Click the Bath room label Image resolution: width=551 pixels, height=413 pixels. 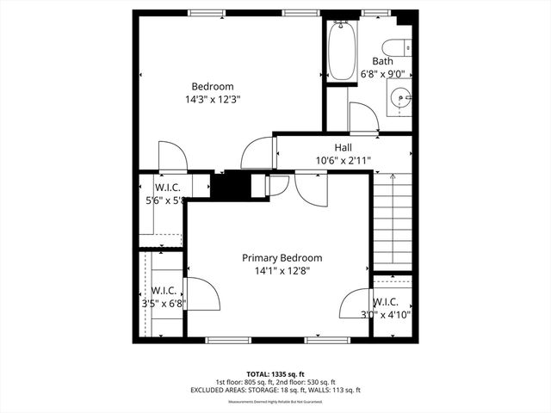coord(382,61)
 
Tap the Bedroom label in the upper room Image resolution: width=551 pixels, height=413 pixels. coord(212,86)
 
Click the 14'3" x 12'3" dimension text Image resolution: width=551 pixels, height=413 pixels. coord(212,99)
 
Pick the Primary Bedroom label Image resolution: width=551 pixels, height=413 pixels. coord(282,257)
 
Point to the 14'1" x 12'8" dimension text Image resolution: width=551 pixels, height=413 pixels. coord(282,270)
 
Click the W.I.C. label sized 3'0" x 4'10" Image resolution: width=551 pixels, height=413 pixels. coord(385,302)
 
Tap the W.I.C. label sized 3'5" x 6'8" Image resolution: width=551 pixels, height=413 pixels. coord(164,290)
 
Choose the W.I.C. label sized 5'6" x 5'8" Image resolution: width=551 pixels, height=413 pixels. coord(167,188)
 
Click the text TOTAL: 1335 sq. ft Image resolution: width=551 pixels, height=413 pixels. coord(275,373)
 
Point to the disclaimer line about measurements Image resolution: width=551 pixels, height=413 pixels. coord(275,401)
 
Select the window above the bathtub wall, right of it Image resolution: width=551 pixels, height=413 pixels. coord(374,13)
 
